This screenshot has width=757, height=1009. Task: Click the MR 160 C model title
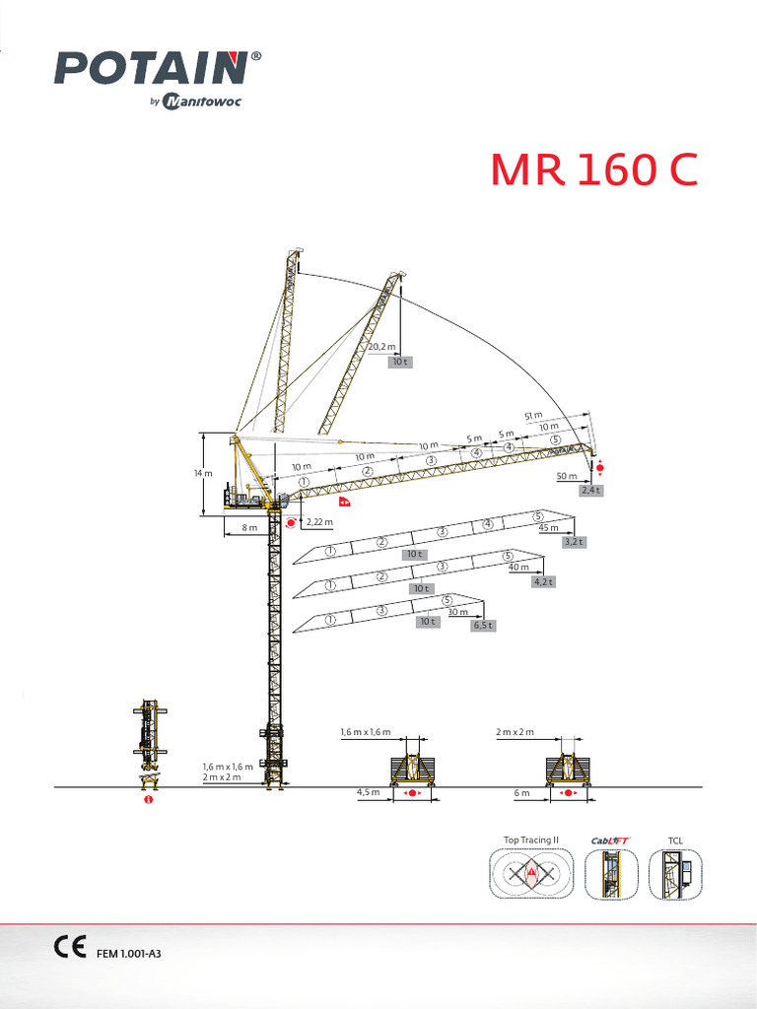click(x=594, y=170)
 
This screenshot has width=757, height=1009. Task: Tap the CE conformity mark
click(x=70, y=947)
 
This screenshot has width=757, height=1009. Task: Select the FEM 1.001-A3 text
click(x=128, y=954)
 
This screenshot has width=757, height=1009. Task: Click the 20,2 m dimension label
click(x=381, y=347)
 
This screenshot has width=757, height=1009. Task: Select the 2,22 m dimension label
click(x=319, y=521)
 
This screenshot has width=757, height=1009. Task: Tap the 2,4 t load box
click(x=590, y=490)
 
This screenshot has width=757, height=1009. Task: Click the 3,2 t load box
click(x=574, y=541)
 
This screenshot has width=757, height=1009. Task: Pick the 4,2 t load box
click(x=543, y=581)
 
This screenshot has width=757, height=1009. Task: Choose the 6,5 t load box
click(x=482, y=625)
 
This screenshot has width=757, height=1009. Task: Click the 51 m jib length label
click(x=533, y=416)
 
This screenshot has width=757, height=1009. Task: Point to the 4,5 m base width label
click(x=368, y=792)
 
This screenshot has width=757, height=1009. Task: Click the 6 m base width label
click(x=521, y=792)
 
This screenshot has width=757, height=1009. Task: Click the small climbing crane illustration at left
click(x=148, y=744)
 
